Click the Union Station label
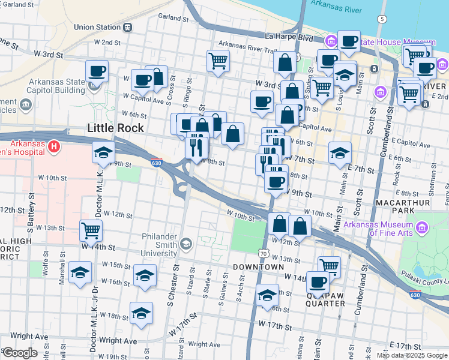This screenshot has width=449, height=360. click(x=97, y=27)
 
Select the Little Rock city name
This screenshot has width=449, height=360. click(x=115, y=128)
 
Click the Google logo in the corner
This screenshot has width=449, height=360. click(x=19, y=353)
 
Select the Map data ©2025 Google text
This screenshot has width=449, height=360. click(x=412, y=355)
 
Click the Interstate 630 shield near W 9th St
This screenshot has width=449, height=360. click(x=156, y=163)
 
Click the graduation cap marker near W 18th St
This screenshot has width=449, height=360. click(x=142, y=313)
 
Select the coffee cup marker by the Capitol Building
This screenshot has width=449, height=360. click(x=97, y=71)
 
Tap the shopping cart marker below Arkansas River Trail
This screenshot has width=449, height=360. click(x=218, y=60)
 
